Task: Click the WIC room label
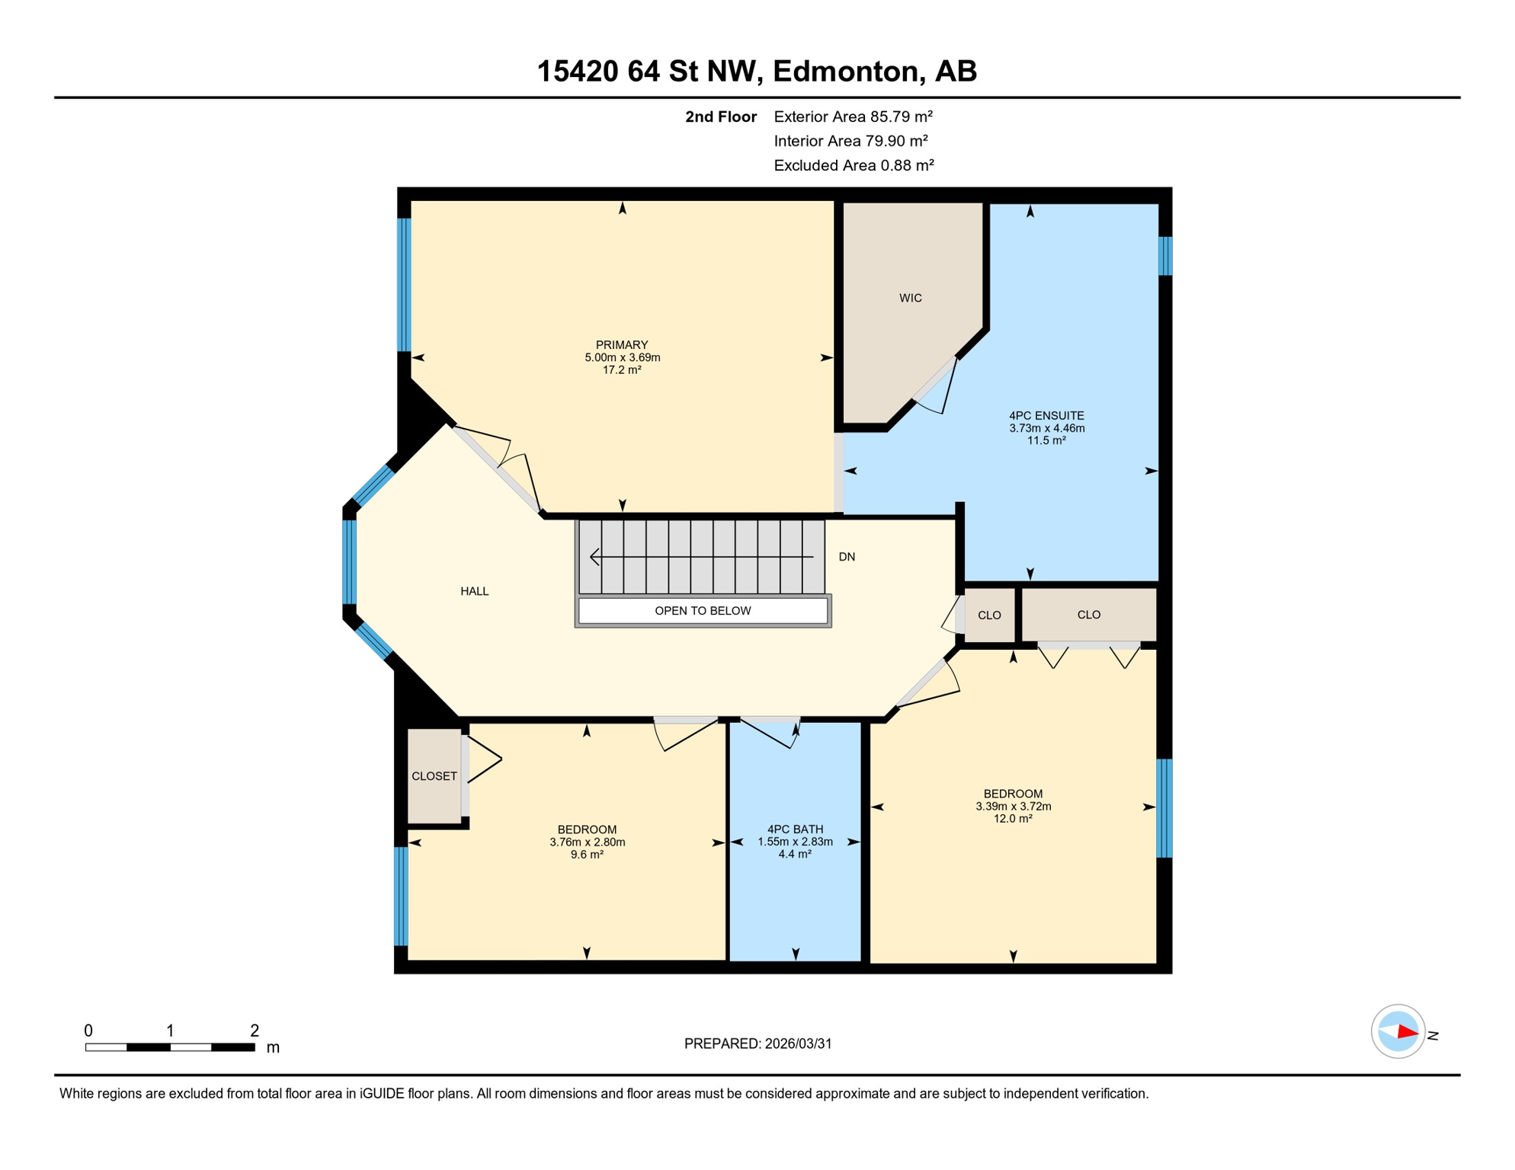pyautogui.click(x=910, y=298)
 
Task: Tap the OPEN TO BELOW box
pyautogui.click(x=702, y=611)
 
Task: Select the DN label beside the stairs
pyautogui.click(x=847, y=557)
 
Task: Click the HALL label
pyautogui.click(x=474, y=591)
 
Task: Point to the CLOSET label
pyautogui.click(x=434, y=776)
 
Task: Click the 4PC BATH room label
pyautogui.click(x=795, y=830)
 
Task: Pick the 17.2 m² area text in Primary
pyautogui.click(x=622, y=370)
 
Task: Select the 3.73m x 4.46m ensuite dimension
pyautogui.click(x=1046, y=428)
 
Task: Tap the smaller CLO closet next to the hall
pyautogui.click(x=989, y=615)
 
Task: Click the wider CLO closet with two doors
pyautogui.click(x=1088, y=615)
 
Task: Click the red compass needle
pyautogui.click(x=1407, y=1033)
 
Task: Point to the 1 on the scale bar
pyautogui.click(x=170, y=1031)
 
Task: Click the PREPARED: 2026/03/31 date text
pyautogui.click(x=757, y=1044)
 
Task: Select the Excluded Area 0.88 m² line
pyautogui.click(x=854, y=165)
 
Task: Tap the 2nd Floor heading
pyautogui.click(x=720, y=117)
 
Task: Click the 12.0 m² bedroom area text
pyautogui.click(x=1012, y=819)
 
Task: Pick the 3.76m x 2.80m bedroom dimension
pyautogui.click(x=587, y=842)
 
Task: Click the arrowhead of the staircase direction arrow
pyautogui.click(x=594, y=557)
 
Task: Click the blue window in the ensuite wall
pyautogui.click(x=1164, y=256)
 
